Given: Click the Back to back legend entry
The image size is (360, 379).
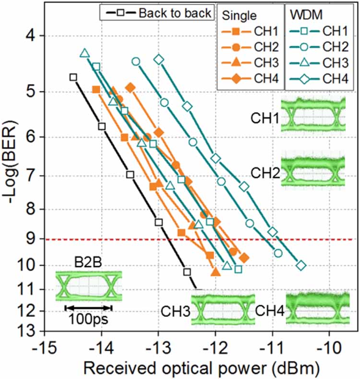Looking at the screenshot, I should coord(156,13).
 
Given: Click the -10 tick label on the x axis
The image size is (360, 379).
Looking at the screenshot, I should coord(330,346).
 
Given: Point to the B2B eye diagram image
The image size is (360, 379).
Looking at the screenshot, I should coord(88,286).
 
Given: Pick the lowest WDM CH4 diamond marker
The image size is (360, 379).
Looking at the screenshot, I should coord(301,265).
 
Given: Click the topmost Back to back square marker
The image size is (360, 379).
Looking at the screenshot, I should coord(73,77).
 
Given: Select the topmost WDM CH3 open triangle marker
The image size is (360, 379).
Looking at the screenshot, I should coord(84,53).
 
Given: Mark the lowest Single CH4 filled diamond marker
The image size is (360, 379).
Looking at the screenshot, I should coord(244,258).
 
